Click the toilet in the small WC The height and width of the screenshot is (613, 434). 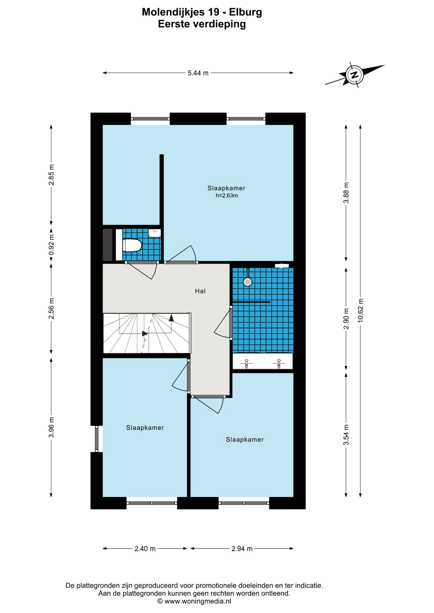132,245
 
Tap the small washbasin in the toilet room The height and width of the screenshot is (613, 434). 155,233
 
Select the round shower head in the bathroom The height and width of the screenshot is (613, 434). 248,282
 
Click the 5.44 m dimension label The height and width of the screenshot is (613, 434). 198,73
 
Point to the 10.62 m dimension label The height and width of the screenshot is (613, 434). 361,310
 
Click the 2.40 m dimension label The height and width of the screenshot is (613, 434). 145,549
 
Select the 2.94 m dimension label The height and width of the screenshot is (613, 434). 242,549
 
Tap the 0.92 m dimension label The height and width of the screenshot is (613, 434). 51,245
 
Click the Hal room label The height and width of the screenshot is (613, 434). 200,291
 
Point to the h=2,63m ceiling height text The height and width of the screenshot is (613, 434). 227,196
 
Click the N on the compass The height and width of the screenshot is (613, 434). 354,75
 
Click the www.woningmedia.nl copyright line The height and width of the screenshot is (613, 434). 194,601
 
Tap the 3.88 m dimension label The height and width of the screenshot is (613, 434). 346,193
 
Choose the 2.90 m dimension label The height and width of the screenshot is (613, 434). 346,318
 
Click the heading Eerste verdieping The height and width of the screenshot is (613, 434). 202,24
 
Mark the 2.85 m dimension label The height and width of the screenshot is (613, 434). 51,175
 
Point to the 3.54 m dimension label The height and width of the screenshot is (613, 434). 346,435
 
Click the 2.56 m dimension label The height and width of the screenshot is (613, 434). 51,308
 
